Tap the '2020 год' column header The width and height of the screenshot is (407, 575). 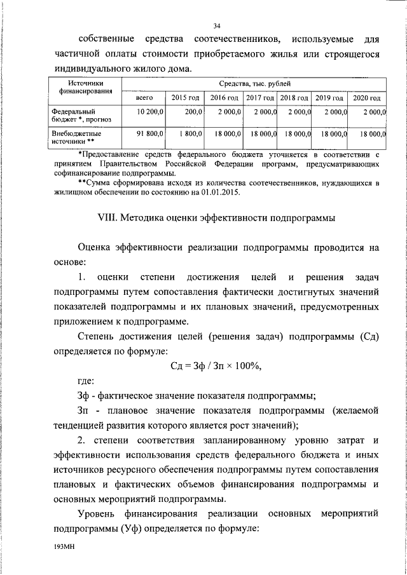click(366, 98)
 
